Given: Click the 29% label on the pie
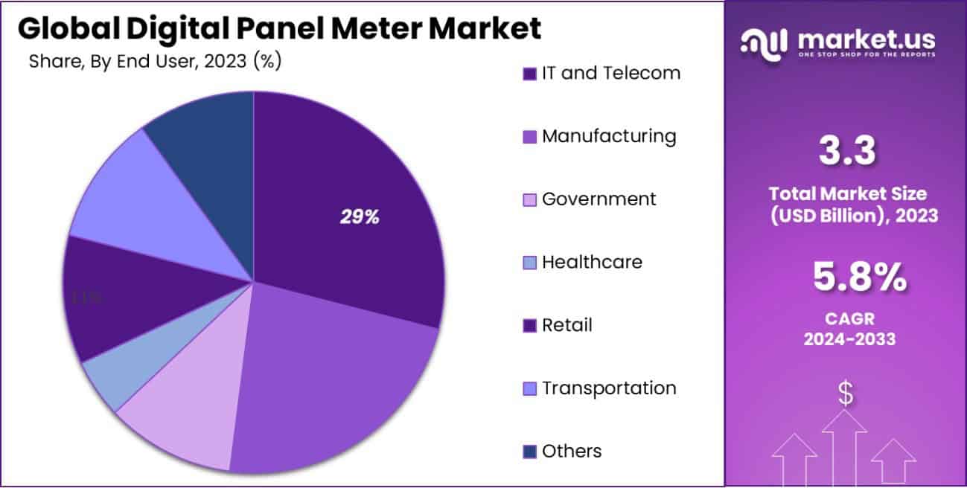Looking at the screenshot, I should [x=360, y=217].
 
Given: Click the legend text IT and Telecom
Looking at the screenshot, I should [x=610, y=73].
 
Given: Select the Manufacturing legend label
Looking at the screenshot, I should [x=609, y=136].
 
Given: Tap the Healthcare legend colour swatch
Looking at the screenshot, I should [x=530, y=263].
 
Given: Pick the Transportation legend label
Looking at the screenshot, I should [x=609, y=388].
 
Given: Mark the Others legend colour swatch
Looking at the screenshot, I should [x=530, y=452].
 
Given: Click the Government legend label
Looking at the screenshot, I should [x=599, y=199].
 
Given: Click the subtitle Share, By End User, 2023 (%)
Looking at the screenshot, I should [x=155, y=62].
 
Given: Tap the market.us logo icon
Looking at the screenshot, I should [x=763, y=42].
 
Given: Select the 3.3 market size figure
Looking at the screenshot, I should [x=846, y=151].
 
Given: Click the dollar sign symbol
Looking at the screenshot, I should [x=845, y=394].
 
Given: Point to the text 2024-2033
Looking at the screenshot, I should [x=849, y=339].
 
